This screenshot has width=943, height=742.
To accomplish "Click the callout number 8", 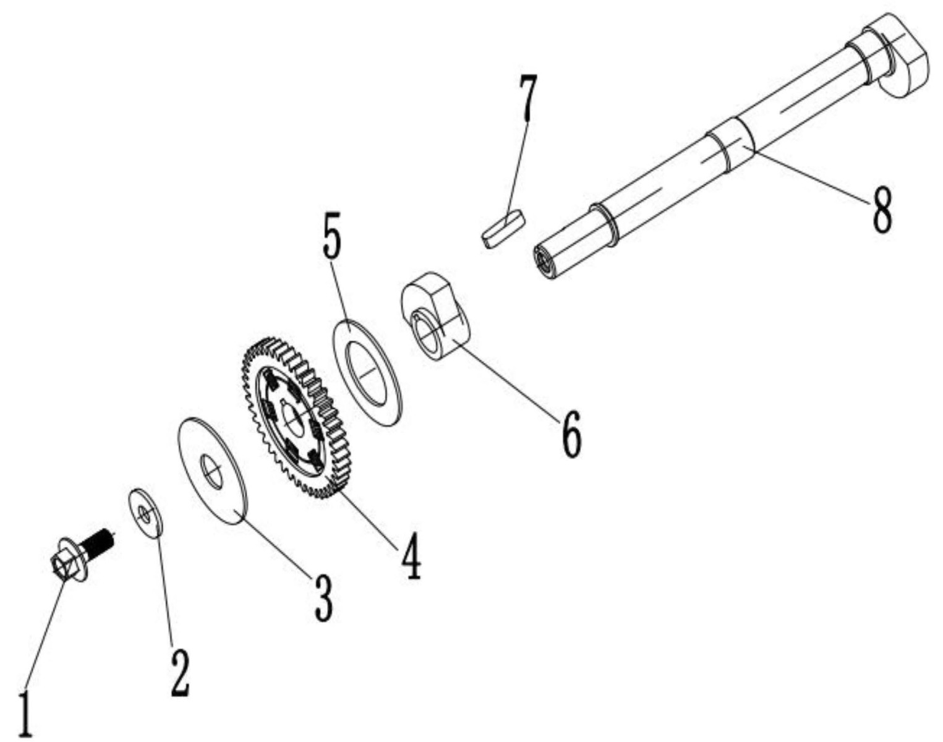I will tap(881, 208).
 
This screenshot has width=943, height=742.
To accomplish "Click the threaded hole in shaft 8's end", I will tap(544, 260).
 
